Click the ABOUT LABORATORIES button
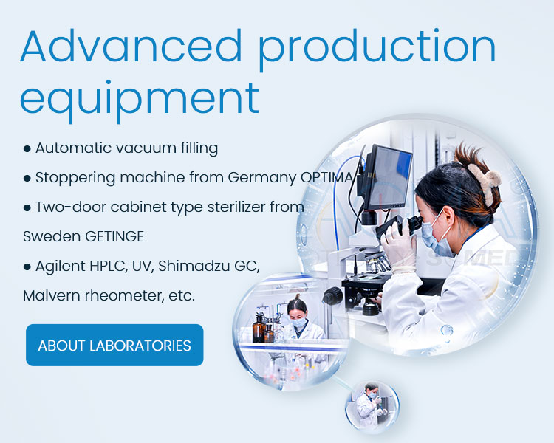pos(114,345)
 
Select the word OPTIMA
pos(327,177)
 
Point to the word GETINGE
pos(114,236)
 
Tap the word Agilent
pos(61,267)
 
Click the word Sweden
pos(52,236)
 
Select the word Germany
pos(261,178)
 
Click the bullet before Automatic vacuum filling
pos(27,148)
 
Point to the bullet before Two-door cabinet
pos(27,207)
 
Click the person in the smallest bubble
pos(369,406)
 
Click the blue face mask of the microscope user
pos(435,235)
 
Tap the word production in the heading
pos(377,49)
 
